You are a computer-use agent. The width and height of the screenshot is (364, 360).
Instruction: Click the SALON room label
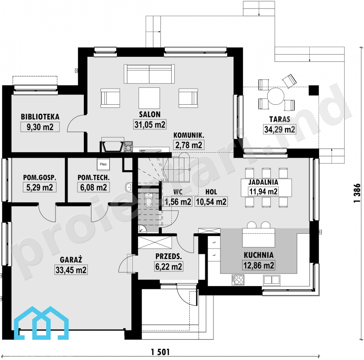pyautogui.click(x=150, y=114)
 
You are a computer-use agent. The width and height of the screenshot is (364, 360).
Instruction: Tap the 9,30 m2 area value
pyautogui.click(x=40, y=127)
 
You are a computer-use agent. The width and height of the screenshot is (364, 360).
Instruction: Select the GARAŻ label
pyautogui.click(x=71, y=260)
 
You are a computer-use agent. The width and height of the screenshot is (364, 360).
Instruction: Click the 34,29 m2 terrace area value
pyautogui.click(x=280, y=129)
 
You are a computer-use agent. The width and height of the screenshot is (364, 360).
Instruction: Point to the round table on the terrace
pyautogui.click(x=276, y=96)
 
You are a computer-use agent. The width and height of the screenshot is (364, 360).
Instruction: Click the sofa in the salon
pyautogui.click(x=149, y=74)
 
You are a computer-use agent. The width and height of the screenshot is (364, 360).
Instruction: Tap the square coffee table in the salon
pyautogui.click(x=149, y=98)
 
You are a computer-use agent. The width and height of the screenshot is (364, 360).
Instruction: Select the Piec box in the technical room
pyautogui.click(x=103, y=164)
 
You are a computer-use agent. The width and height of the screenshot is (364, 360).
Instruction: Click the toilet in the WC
pyautogui.click(x=148, y=200)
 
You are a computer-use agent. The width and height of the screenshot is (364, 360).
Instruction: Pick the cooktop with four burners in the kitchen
pyautogui.click(x=238, y=279)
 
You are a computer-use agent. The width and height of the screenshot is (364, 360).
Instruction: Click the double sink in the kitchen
pyautogui.click(x=271, y=280)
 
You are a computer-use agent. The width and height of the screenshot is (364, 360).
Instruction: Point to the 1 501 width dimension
pyautogui.click(x=160, y=352)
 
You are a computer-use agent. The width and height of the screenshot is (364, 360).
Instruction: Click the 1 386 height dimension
pyautogui.click(x=357, y=193)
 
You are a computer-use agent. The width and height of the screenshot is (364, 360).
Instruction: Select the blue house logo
pyautogui.click(x=41, y=323)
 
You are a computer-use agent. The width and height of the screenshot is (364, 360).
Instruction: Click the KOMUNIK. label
pyautogui.click(x=189, y=135)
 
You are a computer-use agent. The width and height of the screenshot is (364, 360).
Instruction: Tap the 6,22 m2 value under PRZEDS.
pyautogui.click(x=169, y=266)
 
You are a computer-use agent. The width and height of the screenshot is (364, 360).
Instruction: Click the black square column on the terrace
pyautogui.click(x=314, y=90)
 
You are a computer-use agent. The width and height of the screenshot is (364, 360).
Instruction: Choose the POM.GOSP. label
pyautogui.click(x=39, y=178)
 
